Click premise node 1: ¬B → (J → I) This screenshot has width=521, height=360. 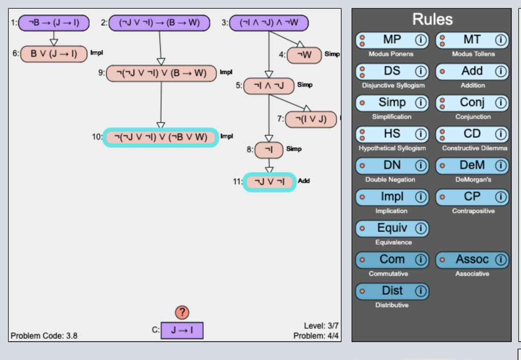(54, 23)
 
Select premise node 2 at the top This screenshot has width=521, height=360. (159, 23)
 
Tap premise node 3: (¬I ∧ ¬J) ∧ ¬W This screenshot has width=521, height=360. (269, 23)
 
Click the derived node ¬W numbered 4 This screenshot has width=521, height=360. (304, 55)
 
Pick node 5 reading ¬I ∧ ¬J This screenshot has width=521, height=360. (269, 86)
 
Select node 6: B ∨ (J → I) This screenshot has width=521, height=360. (54, 53)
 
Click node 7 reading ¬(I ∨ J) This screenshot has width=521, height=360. (311, 120)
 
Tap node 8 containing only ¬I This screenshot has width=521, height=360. (269, 150)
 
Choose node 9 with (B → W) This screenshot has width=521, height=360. (161, 73)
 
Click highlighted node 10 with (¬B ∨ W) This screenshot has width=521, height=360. (161, 137)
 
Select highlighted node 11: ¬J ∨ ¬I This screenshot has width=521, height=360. (269, 182)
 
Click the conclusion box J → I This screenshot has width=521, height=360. (182, 330)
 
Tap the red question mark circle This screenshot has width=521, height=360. (182, 312)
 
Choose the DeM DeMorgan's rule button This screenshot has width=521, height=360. (472, 165)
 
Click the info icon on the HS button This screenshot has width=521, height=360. (421, 134)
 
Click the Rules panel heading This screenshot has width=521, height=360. (432, 19)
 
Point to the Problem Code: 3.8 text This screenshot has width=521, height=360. (44, 336)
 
